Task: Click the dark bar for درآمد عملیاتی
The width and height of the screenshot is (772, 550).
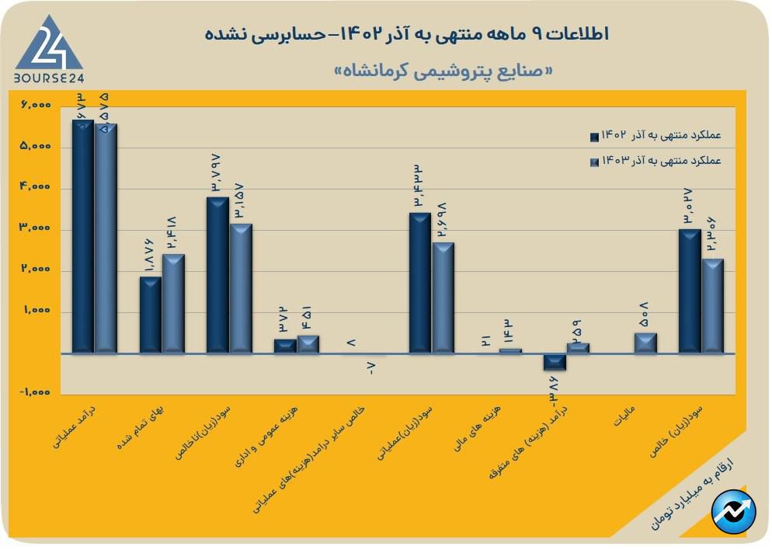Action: (x=83, y=237)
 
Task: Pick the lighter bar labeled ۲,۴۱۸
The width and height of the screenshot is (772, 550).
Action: (x=173, y=304)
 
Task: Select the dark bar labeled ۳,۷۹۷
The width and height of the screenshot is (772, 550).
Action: (x=217, y=275)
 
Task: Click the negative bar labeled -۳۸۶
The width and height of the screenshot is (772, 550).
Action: (x=555, y=361)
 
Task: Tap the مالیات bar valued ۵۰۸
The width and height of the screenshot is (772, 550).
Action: (x=645, y=343)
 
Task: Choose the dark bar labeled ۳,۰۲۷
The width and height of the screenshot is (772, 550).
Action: (x=689, y=291)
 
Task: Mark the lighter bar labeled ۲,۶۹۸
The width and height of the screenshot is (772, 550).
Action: (x=443, y=298)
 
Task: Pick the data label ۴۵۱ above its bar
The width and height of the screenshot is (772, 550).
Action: (x=307, y=319)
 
